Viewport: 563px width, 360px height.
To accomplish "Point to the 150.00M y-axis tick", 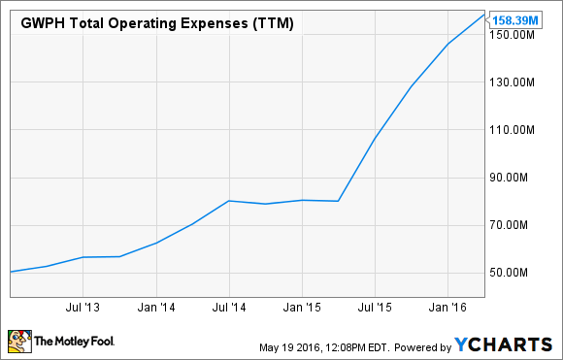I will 516,35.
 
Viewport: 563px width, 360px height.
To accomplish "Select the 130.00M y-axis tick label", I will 516,82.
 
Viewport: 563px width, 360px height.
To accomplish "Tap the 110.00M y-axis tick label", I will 516,130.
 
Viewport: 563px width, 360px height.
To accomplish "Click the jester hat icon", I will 18,341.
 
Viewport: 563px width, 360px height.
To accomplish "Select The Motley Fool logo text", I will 70,343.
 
